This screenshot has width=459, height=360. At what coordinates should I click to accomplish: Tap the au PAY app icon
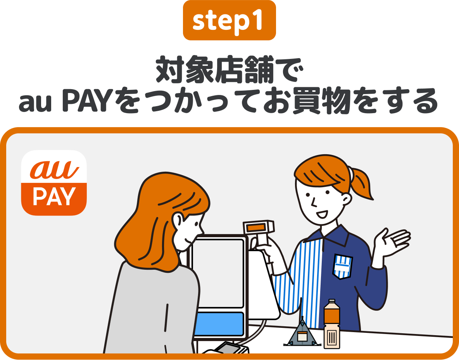coord(54,183)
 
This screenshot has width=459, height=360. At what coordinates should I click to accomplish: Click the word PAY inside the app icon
coord(54,197)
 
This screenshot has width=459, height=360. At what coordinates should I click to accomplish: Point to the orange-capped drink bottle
coord(331,324)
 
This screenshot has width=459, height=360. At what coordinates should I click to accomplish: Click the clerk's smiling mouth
coord(322,214)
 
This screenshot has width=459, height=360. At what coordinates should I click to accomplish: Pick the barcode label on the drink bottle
coord(331,338)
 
